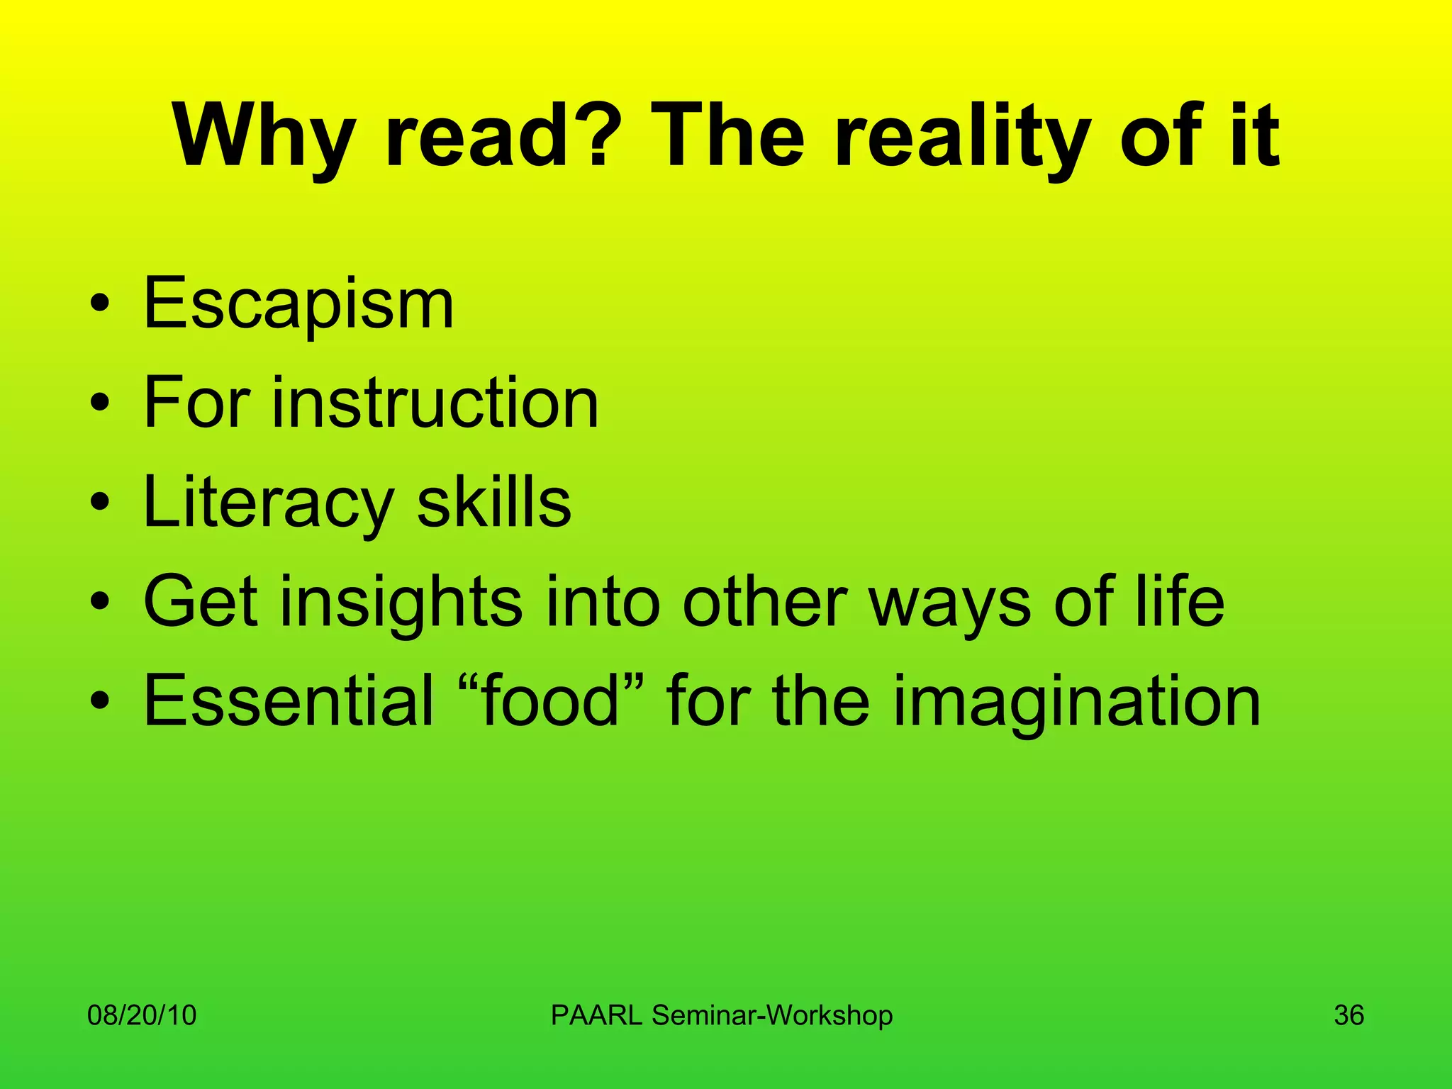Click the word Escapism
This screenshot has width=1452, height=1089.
point(298,305)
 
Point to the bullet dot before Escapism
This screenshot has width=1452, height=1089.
point(100,305)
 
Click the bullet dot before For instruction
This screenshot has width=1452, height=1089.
point(100,404)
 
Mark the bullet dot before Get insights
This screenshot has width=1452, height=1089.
point(100,603)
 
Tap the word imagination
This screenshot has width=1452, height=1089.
point(1077,702)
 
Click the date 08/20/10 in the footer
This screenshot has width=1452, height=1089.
point(142,1015)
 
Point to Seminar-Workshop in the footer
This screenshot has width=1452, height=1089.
point(772,1015)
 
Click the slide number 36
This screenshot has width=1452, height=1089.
point(1348,1015)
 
